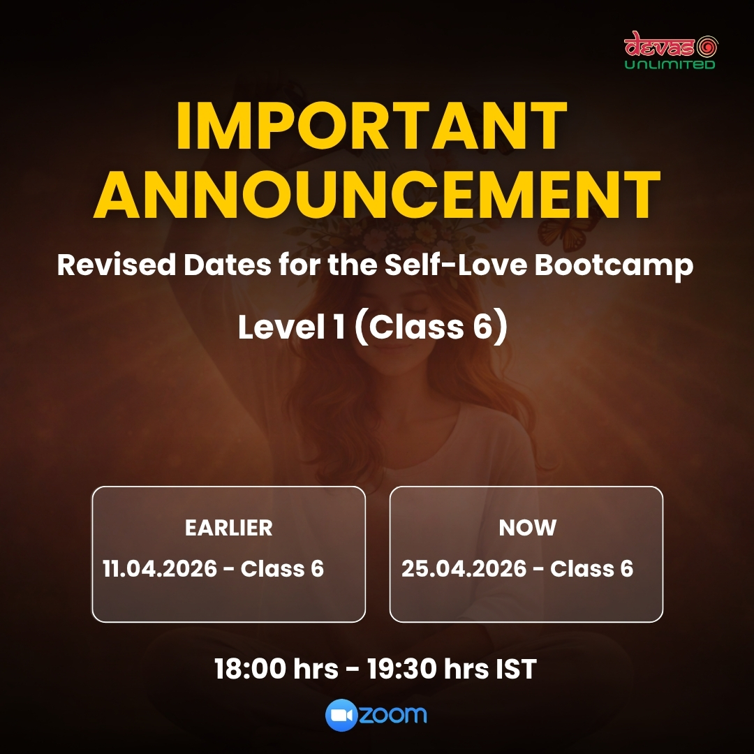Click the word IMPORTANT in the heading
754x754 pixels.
tap(371, 126)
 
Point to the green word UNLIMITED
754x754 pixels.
tap(670, 64)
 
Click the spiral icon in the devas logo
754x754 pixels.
tap(707, 47)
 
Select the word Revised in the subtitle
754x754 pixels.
tap(117, 265)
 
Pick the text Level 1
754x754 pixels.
tap(291, 327)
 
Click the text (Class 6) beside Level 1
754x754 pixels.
tap(431, 327)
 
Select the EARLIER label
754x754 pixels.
tap(229, 528)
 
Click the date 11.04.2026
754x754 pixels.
tap(160, 568)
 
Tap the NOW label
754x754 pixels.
tap(528, 528)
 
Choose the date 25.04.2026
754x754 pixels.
tap(464, 568)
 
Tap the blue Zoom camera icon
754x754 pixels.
tap(341, 715)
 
